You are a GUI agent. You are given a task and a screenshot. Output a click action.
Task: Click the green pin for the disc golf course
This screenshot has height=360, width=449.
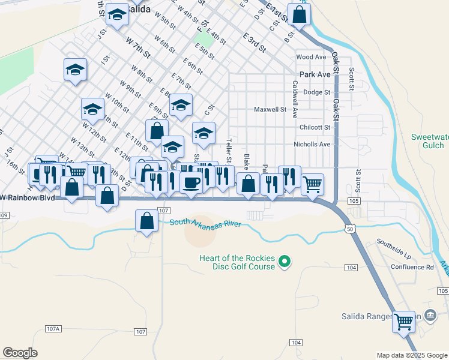[x=286, y=262]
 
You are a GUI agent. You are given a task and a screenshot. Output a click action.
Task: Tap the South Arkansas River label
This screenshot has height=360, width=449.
[x=205, y=223]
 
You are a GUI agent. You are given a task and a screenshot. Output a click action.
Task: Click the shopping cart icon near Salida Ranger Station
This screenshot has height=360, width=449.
[x=403, y=322]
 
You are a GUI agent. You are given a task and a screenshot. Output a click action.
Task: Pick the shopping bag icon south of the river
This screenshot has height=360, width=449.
[x=147, y=221]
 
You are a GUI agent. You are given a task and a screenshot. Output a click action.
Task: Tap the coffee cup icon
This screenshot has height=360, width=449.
[x=191, y=182]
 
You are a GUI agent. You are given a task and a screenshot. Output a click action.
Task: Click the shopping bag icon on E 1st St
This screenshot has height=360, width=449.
[x=298, y=16]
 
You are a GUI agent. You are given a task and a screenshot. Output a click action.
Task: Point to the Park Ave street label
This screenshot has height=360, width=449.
[x=315, y=74]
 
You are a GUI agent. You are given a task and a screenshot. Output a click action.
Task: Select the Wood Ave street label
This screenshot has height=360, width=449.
[x=311, y=57]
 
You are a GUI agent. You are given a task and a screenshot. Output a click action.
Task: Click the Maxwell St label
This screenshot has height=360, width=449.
[x=270, y=110]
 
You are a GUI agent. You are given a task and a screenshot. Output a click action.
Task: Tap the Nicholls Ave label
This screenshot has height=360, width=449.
[x=312, y=145]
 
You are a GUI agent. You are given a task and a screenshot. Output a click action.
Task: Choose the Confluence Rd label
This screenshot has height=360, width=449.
[x=413, y=268]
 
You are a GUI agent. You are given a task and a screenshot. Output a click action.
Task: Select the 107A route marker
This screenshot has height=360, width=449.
[x=53, y=329]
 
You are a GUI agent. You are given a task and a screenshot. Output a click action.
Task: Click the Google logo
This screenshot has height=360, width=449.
[x=20, y=352]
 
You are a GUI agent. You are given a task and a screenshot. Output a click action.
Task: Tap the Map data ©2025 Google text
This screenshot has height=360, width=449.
[x=411, y=355]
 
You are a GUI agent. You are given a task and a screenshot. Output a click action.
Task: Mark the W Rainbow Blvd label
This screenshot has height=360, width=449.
[x=28, y=198]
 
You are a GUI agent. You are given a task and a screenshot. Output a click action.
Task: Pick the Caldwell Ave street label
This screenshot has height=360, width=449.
[x=295, y=100]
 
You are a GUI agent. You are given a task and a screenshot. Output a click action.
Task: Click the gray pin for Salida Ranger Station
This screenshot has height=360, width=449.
[x=430, y=315]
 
